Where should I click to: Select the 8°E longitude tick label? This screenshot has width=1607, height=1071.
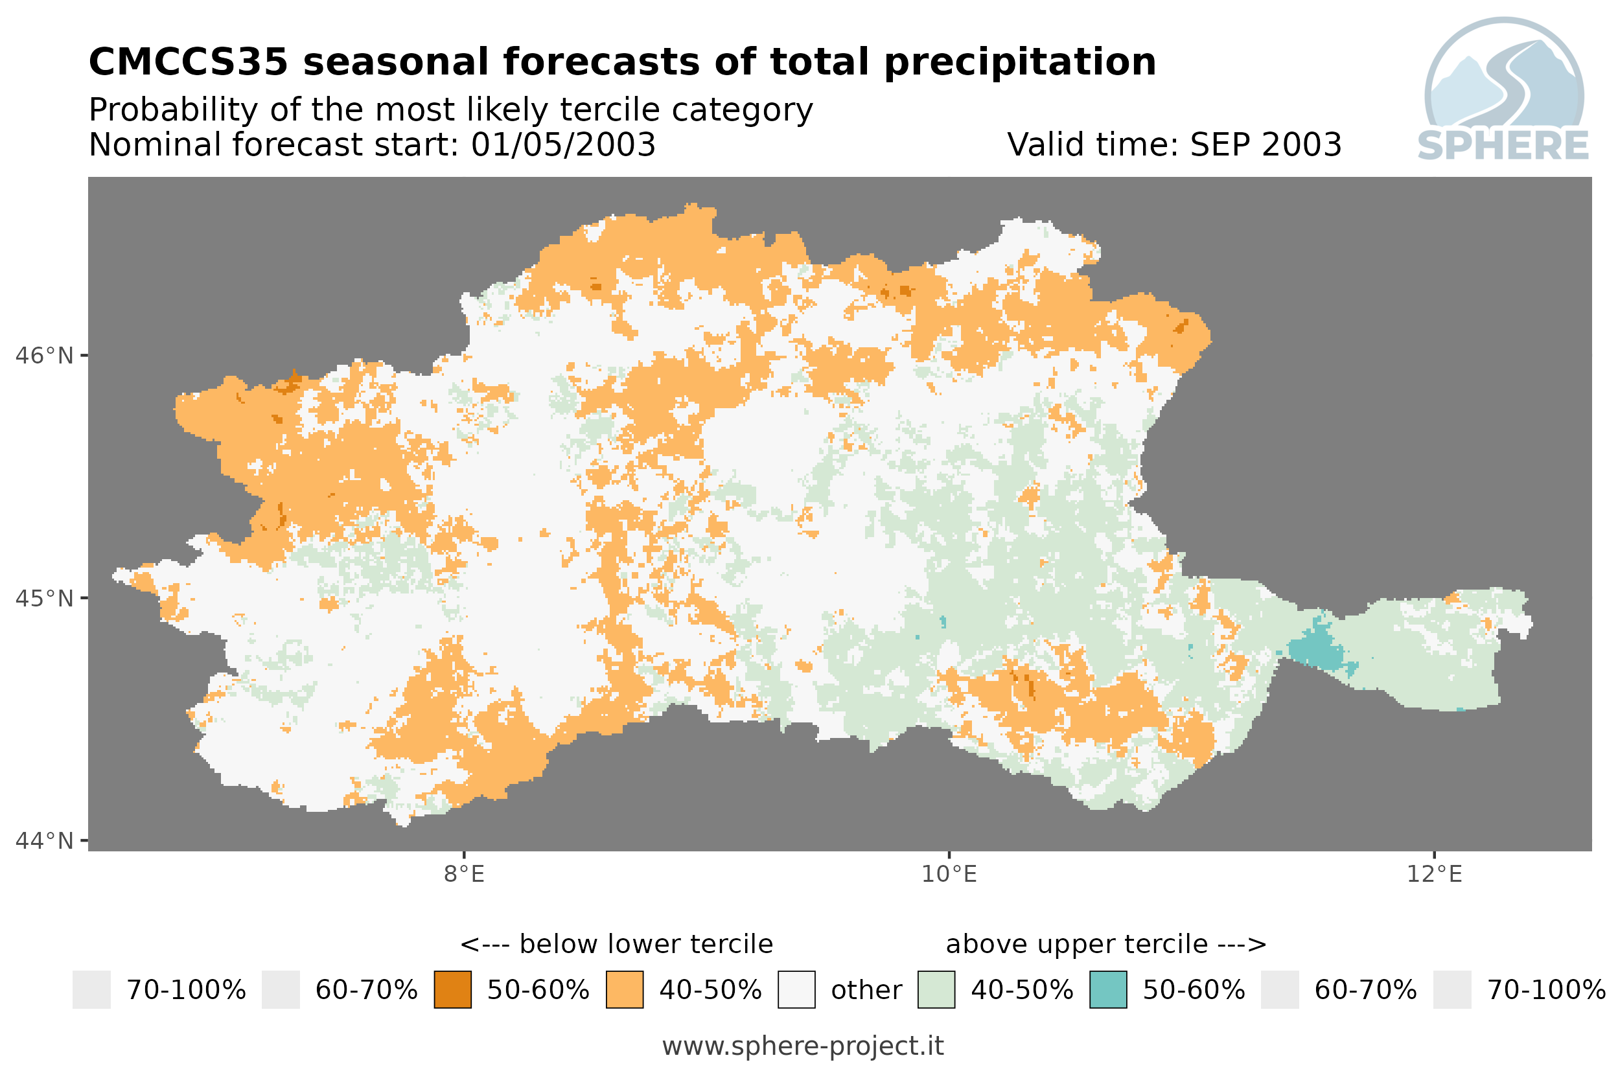(465, 874)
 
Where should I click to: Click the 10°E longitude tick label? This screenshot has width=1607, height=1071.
(949, 874)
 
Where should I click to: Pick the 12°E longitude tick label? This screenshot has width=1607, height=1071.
(1434, 874)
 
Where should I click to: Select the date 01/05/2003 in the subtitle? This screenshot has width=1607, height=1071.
(564, 144)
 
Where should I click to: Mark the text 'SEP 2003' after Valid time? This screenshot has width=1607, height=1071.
(1266, 144)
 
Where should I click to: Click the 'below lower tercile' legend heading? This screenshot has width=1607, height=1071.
(646, 945)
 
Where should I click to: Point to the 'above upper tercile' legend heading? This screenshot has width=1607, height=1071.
(1077, 945)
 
